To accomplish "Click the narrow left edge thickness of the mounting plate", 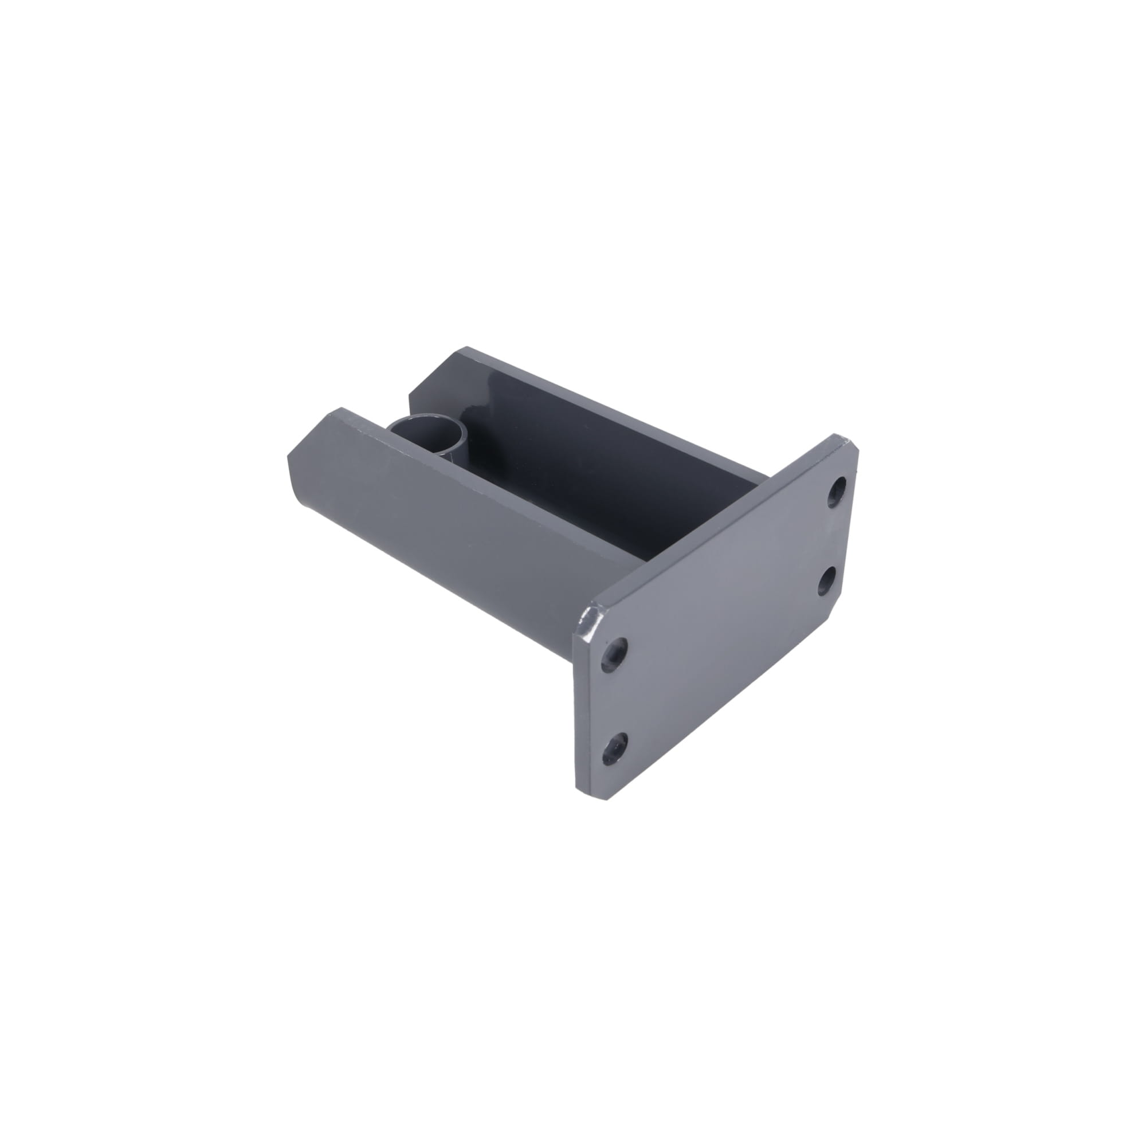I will point(575,712).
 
